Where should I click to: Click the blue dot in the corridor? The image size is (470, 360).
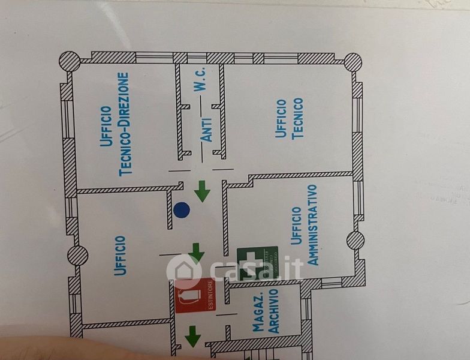181,210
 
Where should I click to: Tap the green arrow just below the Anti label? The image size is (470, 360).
203,193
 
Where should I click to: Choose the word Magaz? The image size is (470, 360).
259,314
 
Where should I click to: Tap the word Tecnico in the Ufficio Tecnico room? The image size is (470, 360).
298,118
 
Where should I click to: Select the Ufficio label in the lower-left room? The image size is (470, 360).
120,256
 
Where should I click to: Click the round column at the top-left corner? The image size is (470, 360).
70,60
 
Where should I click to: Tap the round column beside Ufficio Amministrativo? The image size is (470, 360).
355,241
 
